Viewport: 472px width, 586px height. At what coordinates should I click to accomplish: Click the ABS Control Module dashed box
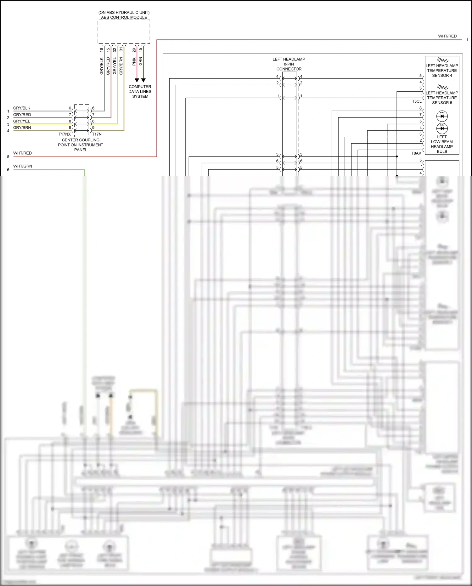click(124, 32)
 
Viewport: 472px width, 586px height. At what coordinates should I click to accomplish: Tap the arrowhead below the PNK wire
click(137, 80)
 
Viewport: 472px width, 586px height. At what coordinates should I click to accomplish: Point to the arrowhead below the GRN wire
click(143, 80)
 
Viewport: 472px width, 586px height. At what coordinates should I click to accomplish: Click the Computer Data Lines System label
click(140, 92)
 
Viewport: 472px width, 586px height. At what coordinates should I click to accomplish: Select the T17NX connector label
click(65, 134)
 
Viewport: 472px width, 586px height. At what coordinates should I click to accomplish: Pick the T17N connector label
click(97, 134)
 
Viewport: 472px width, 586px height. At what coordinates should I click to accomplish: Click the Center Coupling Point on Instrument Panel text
click(81, 145)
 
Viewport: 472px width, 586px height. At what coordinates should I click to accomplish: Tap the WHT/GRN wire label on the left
click(23, 166)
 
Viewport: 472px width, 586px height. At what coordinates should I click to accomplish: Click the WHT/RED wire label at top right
click(447, 36)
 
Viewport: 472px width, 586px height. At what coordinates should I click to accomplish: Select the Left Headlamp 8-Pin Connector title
click(289, 64)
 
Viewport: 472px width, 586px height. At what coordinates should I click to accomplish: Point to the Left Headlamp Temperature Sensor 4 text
click(442, 71)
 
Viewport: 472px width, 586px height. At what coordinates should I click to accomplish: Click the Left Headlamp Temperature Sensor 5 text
click(442, 98)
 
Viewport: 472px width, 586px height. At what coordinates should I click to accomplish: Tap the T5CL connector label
click(417, 101)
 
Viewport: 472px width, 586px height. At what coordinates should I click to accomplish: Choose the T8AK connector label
click(416, 153)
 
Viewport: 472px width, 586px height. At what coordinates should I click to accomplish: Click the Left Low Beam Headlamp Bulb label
click(442, 144)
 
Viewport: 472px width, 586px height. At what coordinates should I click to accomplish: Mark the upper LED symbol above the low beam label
click(442, 116)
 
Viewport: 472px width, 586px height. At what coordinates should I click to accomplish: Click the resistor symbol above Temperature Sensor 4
click(442, 60)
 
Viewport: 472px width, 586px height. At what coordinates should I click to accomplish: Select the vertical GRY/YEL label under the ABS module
click(115, 66)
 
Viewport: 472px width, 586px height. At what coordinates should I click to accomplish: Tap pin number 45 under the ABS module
click(141, 50)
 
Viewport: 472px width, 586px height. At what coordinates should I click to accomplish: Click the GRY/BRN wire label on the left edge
click(22, 128)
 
